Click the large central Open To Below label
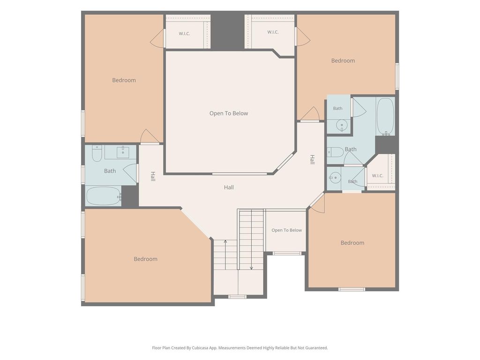[x=229, y=113]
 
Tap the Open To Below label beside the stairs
[x=286, y=230]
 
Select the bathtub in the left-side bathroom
[x=103, y=196]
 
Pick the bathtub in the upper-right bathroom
[x=385, y=116]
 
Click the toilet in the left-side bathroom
[x=97, y=153]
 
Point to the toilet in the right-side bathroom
[x=336, y=152]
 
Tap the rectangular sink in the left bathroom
[x=123, y=152]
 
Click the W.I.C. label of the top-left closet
[x=184, y=34]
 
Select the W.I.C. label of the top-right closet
[x=273, y=32]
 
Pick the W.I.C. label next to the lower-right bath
[x=377, y=176]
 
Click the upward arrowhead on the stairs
[x=225, y=242]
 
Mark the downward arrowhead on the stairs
[x=251, y=268]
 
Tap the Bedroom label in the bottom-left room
[x=145, y=259]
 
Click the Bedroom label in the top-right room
[x=343, y=60]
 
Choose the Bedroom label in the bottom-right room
[x=352, y=243]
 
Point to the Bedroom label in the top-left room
[x=124, y=80]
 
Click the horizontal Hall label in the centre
[x=229, y=187]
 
